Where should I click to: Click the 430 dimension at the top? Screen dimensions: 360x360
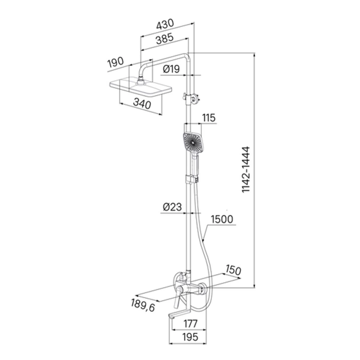165,25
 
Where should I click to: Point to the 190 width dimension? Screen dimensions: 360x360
116,62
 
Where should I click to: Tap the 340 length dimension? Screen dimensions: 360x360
142,104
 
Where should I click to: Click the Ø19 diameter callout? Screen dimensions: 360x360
171,69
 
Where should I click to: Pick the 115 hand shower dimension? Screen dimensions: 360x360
209,118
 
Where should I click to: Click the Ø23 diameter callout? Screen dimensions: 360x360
172,207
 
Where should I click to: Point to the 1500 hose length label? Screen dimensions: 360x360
222,219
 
